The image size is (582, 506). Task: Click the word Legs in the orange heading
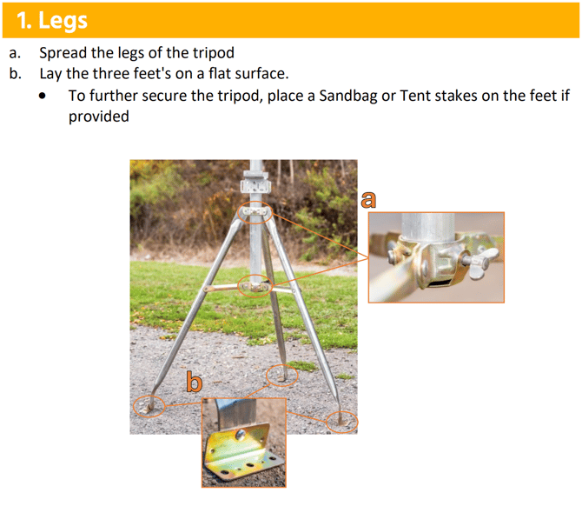[63, 21]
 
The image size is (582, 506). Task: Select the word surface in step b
[267, 74]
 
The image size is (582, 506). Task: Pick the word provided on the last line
[99, 117]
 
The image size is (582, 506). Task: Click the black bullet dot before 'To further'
[43, 96]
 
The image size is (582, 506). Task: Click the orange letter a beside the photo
[368, 199]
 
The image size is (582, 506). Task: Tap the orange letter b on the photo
[194, 381]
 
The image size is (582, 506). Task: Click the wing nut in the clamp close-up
[481, 263]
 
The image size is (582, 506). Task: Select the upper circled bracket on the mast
[255, 212]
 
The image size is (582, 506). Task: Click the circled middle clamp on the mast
[255, 286]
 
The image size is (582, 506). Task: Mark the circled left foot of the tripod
[149, 407]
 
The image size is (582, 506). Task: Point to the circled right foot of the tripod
[342, 422]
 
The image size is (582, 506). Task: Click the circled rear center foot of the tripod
[282, 376]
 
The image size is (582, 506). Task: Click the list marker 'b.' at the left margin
[16, 74]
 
